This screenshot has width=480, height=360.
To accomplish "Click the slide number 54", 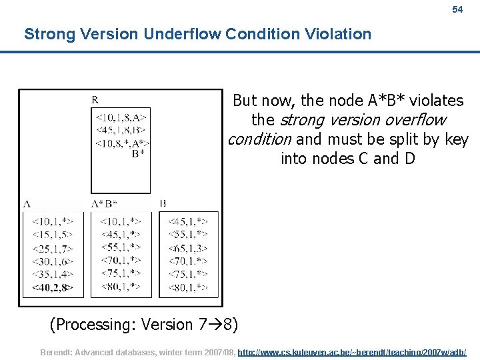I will click(457, 10).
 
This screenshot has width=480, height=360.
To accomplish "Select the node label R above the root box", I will click(95, 100).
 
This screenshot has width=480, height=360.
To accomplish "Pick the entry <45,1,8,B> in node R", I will click(120, 130).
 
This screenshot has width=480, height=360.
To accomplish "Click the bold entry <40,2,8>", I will click(52, 287).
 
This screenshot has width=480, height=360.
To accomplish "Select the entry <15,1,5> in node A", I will click(52, 234).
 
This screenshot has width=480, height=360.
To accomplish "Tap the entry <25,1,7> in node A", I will click(52, 247).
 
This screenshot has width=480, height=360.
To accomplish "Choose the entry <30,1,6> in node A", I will click(52, 261).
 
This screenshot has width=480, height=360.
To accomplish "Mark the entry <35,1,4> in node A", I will click(52, 274).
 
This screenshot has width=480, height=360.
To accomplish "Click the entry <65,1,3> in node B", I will click(187, 247).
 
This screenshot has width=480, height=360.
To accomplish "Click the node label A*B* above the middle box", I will click(104, 203).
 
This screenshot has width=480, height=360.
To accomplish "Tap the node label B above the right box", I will click(163, 203).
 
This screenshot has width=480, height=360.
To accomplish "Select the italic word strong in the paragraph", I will click(299, 121).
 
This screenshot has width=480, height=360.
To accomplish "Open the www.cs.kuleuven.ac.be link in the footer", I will click(352, 351).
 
